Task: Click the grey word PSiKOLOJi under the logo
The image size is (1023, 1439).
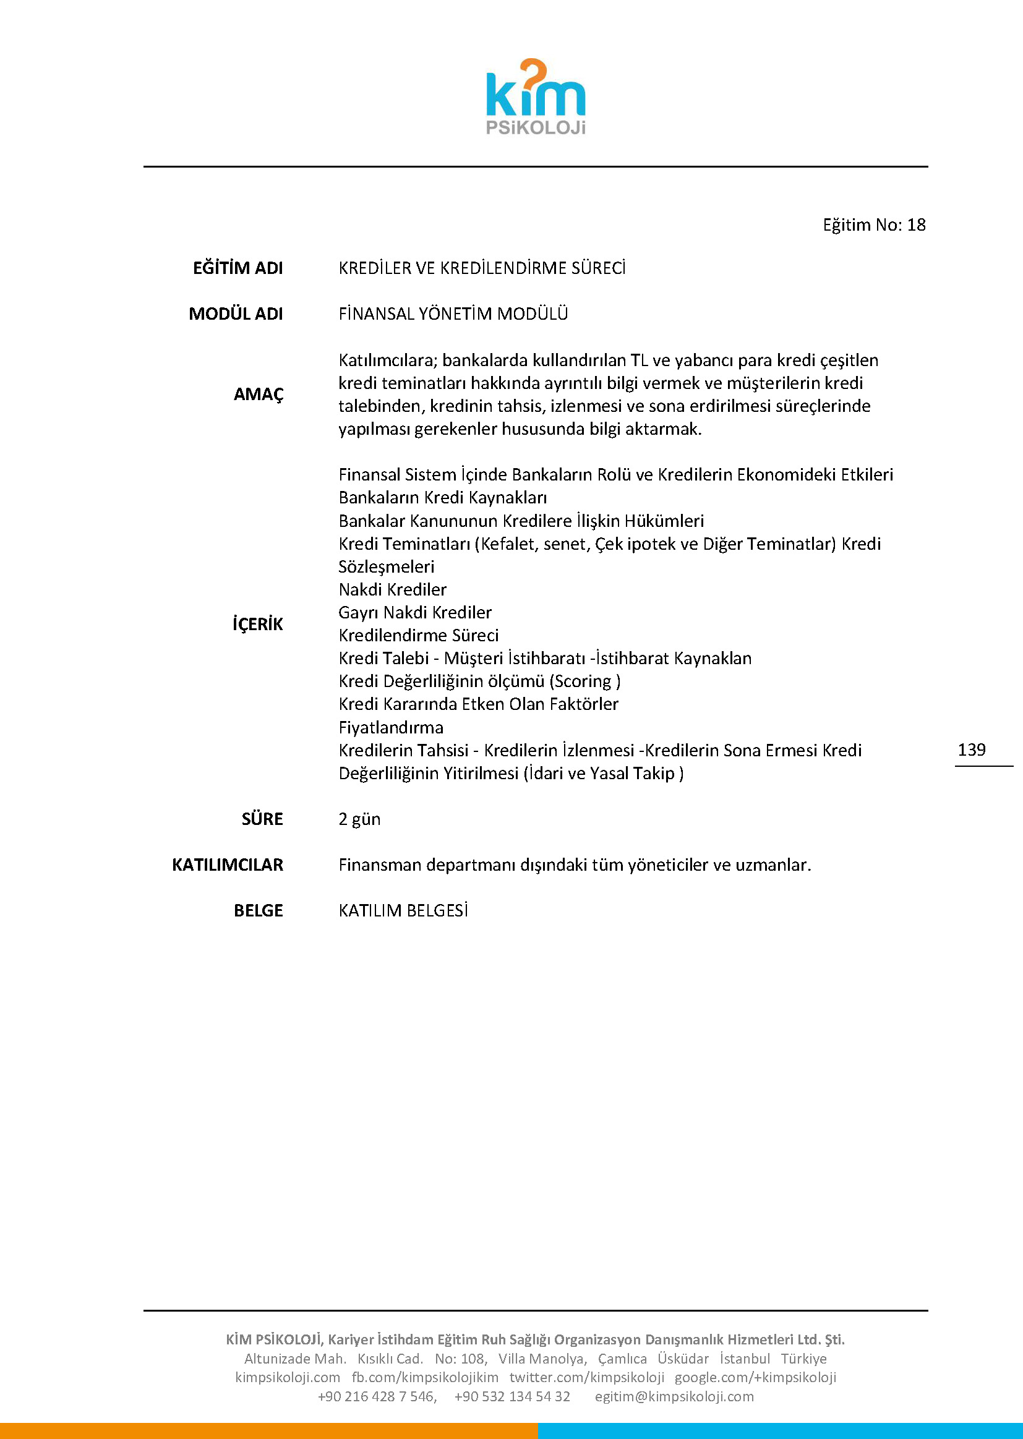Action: tap(536, 128)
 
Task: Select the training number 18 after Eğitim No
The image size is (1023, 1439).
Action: tap(916, 225)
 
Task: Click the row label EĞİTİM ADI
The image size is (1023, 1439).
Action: tap(238, 268)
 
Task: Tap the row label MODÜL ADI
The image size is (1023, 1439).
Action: tap(236, 314)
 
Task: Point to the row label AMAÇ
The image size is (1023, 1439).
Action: tap(259, 395)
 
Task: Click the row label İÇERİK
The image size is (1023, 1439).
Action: tap(258, 624)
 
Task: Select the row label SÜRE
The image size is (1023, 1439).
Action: tap(262, 819)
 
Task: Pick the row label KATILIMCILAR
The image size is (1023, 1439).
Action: tap(228, 865)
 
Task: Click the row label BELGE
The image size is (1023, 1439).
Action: tap(259, 911)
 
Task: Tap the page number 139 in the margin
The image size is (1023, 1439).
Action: tap(971, 749)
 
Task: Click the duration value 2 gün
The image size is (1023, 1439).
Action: tap(359, 819)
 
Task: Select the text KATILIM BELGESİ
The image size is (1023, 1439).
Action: tap(403, 911)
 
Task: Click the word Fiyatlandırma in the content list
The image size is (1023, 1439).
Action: tap(390, 727)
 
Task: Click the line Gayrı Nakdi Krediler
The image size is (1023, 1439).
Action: tap(414, 612)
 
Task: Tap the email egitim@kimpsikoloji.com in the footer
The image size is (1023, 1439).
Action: tap(674, 1396)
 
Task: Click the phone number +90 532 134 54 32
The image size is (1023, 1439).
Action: tap(511, 1396)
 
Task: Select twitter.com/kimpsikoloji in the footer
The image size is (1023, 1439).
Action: tap(586, 1377)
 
